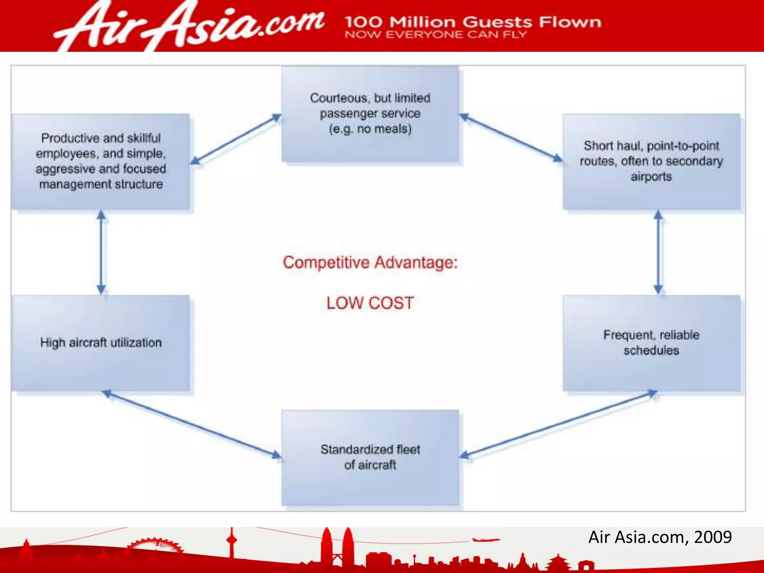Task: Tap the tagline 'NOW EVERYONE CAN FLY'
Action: (x=436, y=35)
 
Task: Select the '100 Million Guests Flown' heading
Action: (x=473, y=22)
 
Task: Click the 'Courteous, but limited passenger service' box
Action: (x=370, y=114)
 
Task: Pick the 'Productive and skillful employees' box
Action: (x=101, y=161)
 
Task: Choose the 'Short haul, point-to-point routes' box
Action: (x=651, y=161)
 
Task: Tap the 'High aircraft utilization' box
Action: (x=101, y=342)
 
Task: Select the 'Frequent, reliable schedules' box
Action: (x=651, y=342)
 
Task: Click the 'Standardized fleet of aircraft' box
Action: (x=370, y=457)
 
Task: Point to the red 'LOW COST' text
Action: (x=370, y=303)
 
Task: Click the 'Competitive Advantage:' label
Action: (x=370, y=262)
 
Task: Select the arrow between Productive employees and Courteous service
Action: (x=236, y=139)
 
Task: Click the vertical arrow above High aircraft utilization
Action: (x=101, y=252)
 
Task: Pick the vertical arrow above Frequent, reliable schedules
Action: (x=658, y=252)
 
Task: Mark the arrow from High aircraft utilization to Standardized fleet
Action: (x=191, y=424)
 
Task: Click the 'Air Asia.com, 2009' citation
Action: (x=660, y=537)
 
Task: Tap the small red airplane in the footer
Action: (x=485, y=539)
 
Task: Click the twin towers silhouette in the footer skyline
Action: (x=337, y=547)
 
